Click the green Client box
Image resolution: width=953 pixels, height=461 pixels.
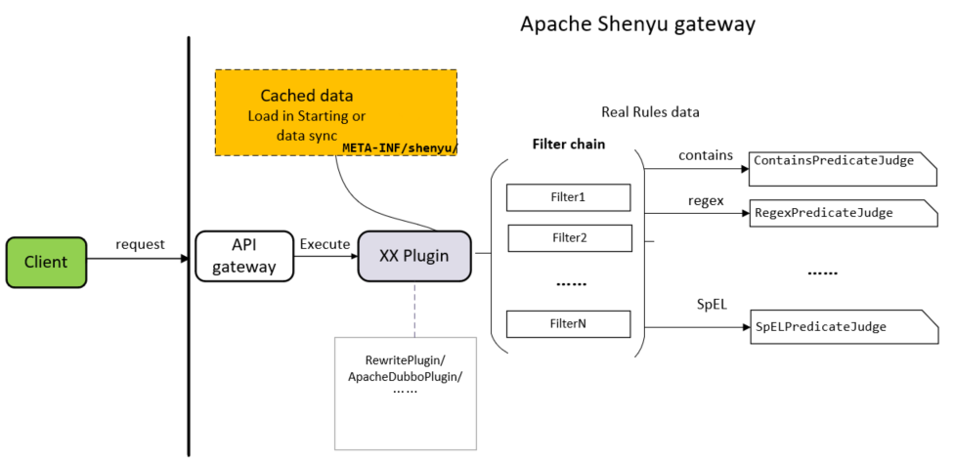coord(46,262)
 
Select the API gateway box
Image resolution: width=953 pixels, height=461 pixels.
coord(244,256)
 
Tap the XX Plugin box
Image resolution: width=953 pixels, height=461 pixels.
coord(413,257)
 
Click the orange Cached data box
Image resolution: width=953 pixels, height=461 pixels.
coord(335,112)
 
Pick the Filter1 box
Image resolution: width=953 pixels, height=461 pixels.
coord(567,197)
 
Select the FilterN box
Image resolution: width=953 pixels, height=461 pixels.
coord(567,322)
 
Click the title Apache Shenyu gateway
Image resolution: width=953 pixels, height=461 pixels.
coord(637,24)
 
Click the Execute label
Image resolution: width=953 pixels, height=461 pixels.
coord(325,243)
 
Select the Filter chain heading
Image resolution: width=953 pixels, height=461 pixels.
coord(568,144)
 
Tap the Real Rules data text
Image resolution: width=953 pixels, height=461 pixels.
coord(650,111)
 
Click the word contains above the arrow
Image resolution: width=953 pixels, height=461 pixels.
coord(705,154)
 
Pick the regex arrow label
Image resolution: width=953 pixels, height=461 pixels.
coord(705,201)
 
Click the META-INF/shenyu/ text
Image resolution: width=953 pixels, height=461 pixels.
coord(400,147)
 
